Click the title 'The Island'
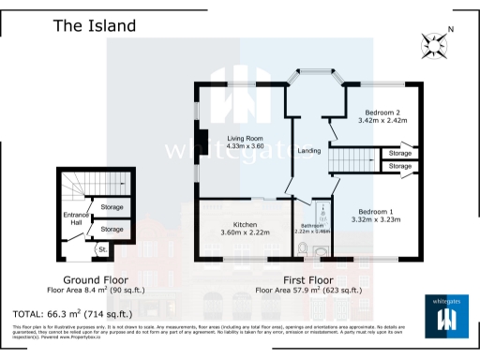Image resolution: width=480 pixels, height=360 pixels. (x=93, y=25)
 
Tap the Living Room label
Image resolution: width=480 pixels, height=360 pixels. (x=246, y=139)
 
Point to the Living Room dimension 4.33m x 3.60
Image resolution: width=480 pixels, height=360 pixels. (x=246, y=146)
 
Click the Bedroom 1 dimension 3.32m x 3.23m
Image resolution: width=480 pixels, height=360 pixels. (x=375, y=219)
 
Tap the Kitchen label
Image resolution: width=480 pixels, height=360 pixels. (x=245, y=224)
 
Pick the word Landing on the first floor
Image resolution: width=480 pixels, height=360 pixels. (x=309, y=151)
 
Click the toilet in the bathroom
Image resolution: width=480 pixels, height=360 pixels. (x=302, y=247)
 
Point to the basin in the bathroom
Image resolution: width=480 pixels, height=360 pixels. (x=322, y=250)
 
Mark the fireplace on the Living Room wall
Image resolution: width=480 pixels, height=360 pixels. (x=197, y=136)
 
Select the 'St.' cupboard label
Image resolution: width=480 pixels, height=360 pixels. (x=102, y=249)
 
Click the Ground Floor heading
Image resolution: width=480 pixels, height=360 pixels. (x=96, y=280)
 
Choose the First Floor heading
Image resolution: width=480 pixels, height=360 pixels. (x=307, y=280)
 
